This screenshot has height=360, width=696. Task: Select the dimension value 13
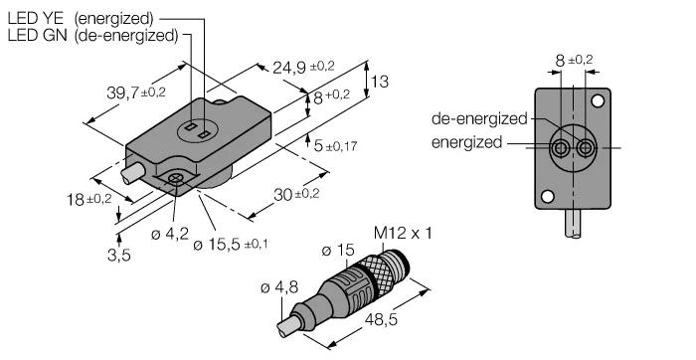tap(379, 82)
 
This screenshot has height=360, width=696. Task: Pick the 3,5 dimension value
tap(119, 256)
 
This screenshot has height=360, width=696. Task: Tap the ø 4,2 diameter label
tap(170, 234)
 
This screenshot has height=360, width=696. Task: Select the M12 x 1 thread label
tap(403, 233)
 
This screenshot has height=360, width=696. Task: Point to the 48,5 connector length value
tap(381, 319)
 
